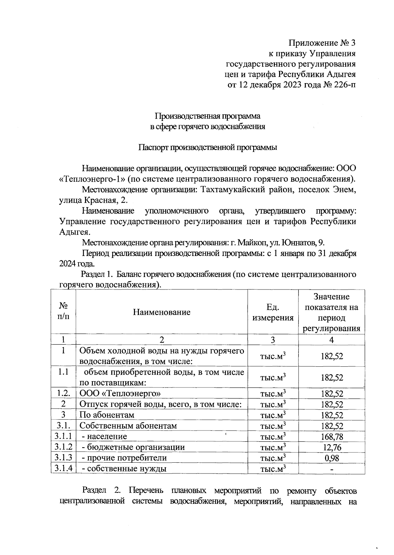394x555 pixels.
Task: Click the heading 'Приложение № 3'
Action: [322, 43]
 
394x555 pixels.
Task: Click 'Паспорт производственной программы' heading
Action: [208, 147]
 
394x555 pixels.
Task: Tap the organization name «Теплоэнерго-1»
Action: [92, 179]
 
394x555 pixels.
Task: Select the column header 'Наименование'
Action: [162, 312]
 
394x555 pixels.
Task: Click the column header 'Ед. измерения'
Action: [273, 312]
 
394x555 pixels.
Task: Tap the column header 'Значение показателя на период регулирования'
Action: [332, 312]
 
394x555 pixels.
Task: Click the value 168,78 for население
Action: [332, 437]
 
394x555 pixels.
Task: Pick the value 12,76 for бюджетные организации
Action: [332, 448]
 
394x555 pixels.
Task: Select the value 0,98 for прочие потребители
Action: [332, 458]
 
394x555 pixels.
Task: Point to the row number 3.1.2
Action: [63, 447]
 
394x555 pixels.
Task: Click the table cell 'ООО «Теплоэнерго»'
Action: [120, 394]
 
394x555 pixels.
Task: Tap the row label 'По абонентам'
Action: [107, 415]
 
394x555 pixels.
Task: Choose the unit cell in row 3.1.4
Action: [273, 469]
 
